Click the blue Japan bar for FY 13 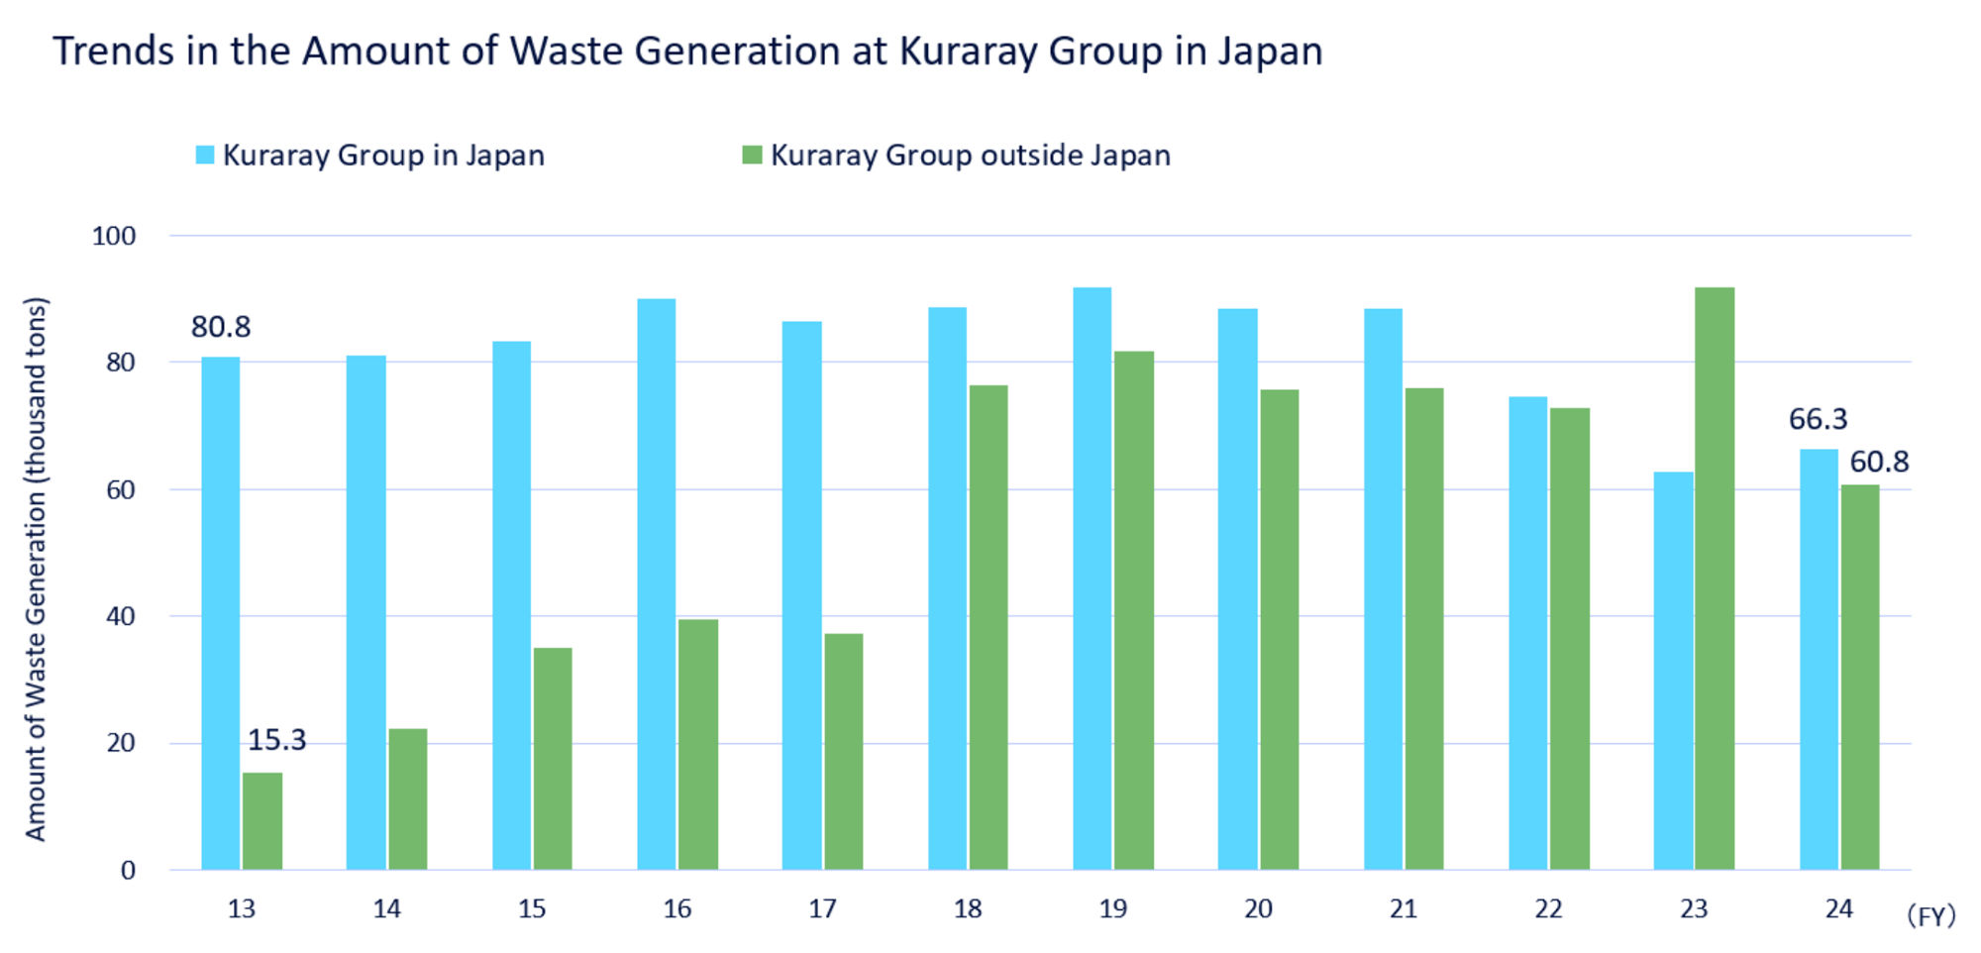click(220, 613)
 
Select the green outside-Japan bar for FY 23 click(1714, 579)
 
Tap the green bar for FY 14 click(407, 799)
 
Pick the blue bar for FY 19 click(1092, 579)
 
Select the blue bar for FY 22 click(1527, 633)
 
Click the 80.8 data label click(221, 327)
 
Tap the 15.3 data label click(276, 740)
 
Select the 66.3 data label click(1818, 419)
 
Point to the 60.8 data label click(1879, 462)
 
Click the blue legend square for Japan click(205, 156)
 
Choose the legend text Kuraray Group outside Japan click(970, 156)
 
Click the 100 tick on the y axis click(114, 236)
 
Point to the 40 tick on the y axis click(120, 616)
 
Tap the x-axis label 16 click(677, 909)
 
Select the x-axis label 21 click(1403, 909)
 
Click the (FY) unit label click(1930, 915)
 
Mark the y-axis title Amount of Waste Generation click(36, 570)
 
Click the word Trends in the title click(113, 52)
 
